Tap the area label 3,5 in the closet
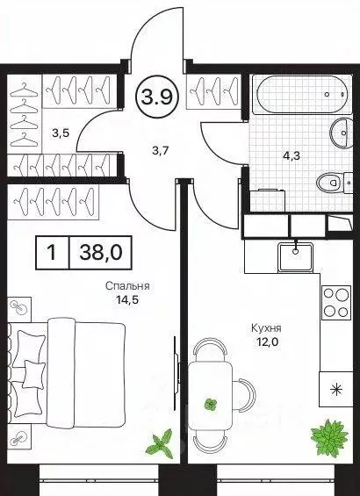point(60,133)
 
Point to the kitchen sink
point(298,255)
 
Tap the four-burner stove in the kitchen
point(335,303)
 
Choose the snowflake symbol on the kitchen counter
point(335,387)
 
